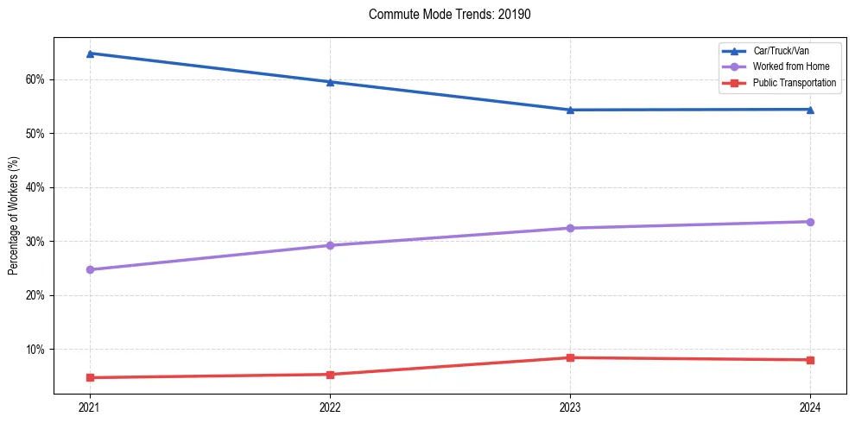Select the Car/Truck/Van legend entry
781,51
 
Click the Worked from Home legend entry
790,66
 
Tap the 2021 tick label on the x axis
89,407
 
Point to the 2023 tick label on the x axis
570,407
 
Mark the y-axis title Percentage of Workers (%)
13,216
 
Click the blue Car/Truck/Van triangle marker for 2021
89,54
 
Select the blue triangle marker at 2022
330,82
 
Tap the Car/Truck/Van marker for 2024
810,110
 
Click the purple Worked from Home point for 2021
89,269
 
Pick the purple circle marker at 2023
570,228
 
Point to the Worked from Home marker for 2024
810,222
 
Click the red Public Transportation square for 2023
570,357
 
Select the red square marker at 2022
330,375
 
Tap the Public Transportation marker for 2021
89,377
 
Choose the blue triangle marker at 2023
570,110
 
